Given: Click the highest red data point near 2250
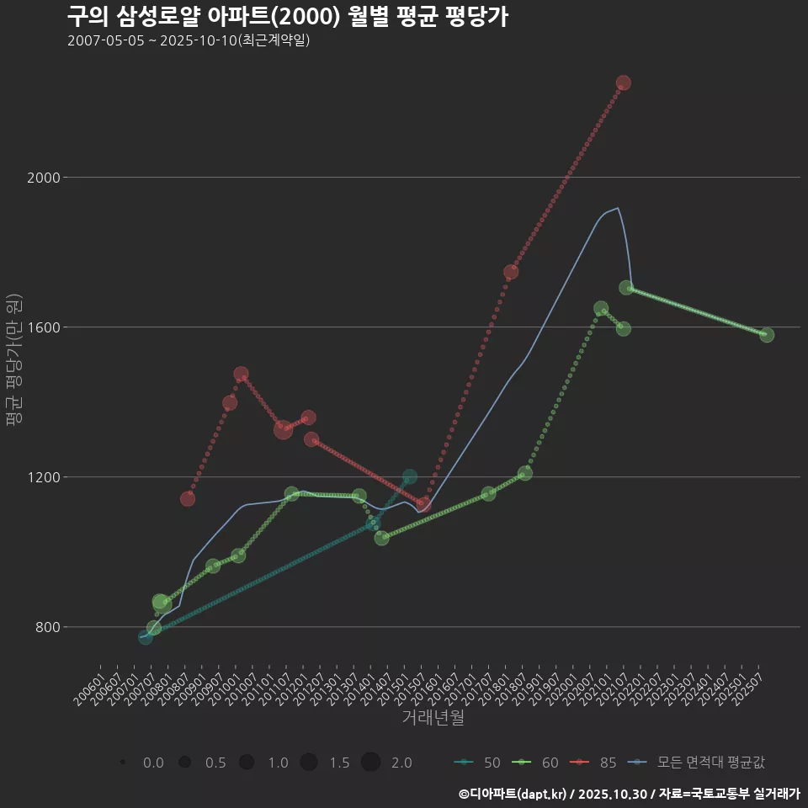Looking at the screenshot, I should point(623,82).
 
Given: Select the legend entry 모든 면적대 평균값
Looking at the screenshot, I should point(698,763).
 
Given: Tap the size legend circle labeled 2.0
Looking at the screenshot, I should point(371,763).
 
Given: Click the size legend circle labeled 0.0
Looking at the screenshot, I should point(123,763).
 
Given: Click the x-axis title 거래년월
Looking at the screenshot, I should point(433,718).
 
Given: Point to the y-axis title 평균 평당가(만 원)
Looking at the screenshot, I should point(14,362).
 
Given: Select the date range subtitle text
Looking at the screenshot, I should point(189,40).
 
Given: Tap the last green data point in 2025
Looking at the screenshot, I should point(766,335).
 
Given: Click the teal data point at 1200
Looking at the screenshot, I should point(410,476).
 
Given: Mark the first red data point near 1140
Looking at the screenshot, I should point(188,499).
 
